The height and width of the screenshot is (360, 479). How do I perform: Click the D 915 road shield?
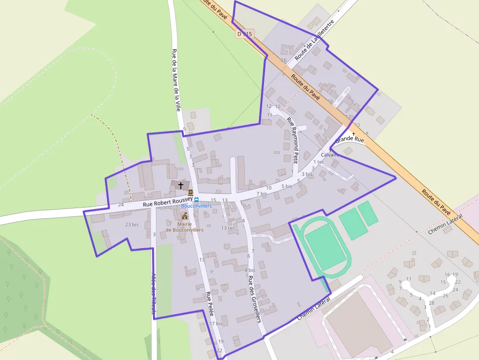(244, 34)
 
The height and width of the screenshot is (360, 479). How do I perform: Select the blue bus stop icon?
(196, 199)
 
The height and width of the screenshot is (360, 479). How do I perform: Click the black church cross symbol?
(181, 186)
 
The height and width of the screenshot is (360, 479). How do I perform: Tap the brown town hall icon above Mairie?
(185, 216)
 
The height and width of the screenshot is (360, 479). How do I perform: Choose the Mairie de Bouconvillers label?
(184, 226)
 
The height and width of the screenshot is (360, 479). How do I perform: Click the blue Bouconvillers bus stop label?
(196, 206)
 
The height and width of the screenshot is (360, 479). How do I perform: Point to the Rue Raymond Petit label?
(292, 139)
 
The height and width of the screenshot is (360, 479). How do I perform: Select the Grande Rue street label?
(350, 139)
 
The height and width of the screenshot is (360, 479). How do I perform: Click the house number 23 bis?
(132, 225)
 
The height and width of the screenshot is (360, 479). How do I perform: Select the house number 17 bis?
(216, 323)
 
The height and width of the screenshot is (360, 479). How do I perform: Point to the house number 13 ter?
(228, 228)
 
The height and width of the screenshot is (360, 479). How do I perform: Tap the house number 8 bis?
(250, 270)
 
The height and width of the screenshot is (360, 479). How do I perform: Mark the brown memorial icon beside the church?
(191, 192)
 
